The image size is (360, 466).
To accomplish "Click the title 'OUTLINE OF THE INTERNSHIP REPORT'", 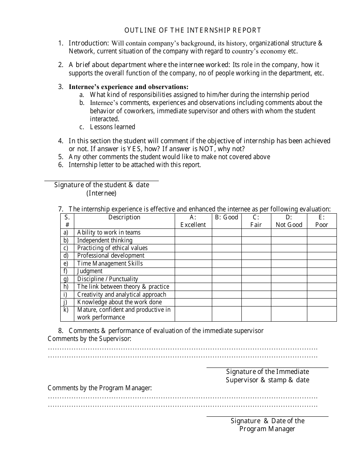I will (193, 30).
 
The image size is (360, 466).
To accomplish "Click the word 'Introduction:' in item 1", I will (89, 43).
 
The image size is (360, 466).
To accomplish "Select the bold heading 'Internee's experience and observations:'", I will (128, 87).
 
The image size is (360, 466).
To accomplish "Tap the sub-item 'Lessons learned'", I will (113, 127).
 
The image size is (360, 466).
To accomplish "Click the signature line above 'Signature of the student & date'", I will (102, 181).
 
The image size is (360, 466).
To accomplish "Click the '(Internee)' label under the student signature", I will (101, 193).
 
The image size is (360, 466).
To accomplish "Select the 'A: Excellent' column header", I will (193, 221).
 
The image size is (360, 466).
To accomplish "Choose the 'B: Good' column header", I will (227, 217).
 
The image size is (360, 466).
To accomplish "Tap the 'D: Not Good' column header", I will (289, 221).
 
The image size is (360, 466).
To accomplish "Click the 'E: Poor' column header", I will (321, 221).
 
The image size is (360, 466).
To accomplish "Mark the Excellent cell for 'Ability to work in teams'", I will (193, 233).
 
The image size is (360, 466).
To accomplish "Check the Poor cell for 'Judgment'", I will (321, 271).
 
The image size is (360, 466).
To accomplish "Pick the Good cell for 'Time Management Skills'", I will (227, 264).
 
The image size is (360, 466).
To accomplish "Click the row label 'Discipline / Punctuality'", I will (108, 279).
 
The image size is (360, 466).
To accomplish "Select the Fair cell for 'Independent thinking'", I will (256, 241).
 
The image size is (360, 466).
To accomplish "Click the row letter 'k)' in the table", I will (66, 310).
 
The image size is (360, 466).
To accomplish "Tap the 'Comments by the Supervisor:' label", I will (89, 339).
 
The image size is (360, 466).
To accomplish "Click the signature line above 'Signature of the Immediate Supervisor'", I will (267, 367).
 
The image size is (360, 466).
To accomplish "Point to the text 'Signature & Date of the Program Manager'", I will (267, 425).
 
